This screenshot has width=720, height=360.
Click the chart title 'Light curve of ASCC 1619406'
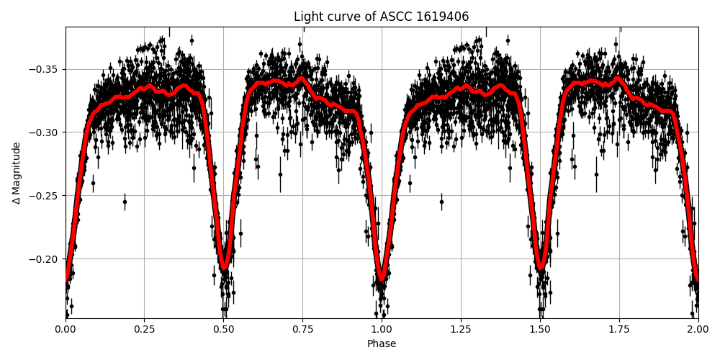(x=381, y=17)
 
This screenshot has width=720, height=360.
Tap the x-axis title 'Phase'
(x=382, y=344)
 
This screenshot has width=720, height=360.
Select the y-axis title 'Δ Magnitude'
(x=17, y=173)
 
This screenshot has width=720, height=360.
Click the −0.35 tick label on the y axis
(x=45, y=69)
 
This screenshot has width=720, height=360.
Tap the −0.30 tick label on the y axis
(x=45, y=132)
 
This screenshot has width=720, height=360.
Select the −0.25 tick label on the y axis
(x=45, y=196)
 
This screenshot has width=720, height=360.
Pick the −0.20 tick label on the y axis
(x=45, y=259)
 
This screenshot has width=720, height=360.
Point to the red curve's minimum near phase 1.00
(x=382, y=277)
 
